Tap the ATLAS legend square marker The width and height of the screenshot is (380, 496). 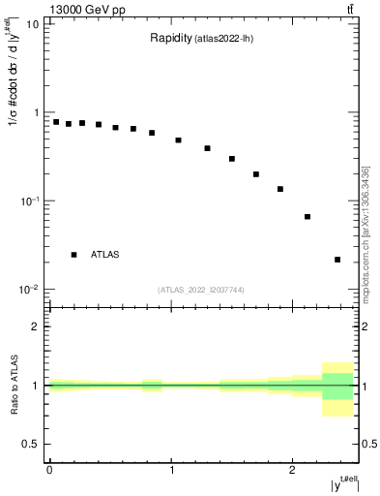[73, 255]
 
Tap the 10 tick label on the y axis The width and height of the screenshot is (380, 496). [33, 24]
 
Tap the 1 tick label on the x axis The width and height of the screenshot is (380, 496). [171, 470]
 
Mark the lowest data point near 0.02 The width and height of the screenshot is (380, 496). [337, 260]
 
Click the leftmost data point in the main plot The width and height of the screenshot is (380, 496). [56, 122]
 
